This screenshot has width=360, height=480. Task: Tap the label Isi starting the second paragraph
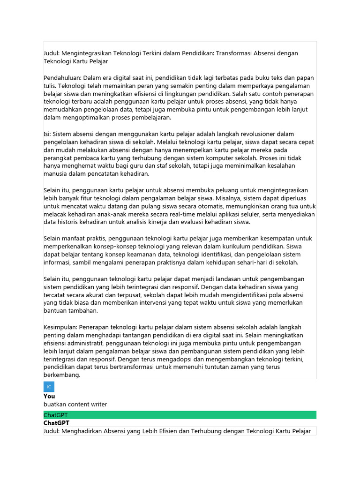tap(47, 134)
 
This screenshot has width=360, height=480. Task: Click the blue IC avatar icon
tap(49, 387)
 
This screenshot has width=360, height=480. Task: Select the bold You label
tap(49, 396)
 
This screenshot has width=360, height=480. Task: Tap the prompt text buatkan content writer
tap(75, 405)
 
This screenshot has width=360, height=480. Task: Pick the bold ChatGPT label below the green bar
tap(56, 423)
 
